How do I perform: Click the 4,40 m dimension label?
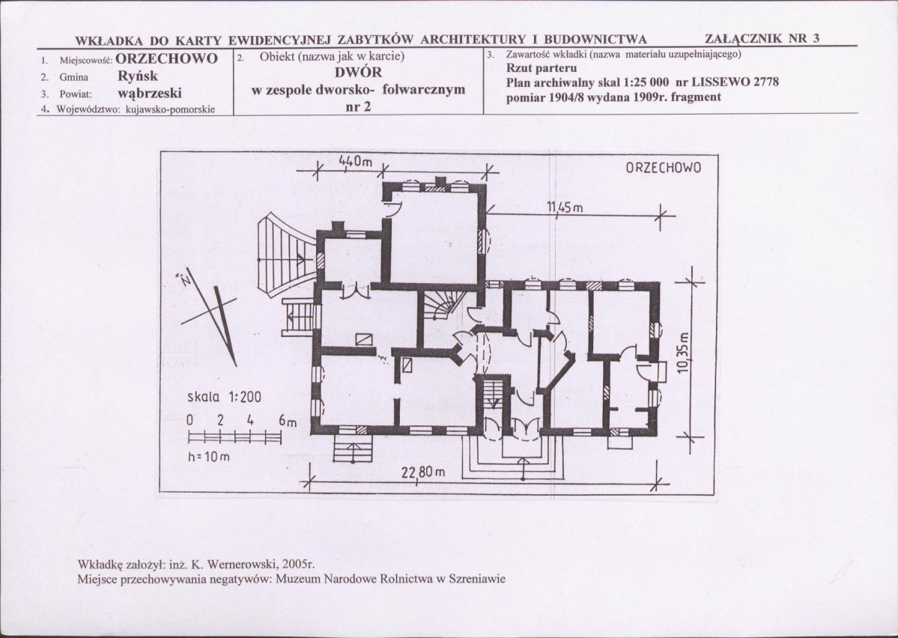(x=356, y=162)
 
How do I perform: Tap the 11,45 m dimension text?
(x=565, y=207)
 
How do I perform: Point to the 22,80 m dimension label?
(x=422, y=473)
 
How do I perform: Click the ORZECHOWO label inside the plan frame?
(x=663, y=168)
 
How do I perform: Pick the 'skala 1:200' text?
(x=225, y=397)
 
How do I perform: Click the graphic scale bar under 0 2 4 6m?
(x=235, y=437)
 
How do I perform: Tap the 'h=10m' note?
(x=208, y=457)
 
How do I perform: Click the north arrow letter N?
(x=186, y=280)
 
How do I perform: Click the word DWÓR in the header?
(x=358, y=73)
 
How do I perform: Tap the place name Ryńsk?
(x=138, y=76)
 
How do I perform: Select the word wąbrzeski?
(x=150, y=93)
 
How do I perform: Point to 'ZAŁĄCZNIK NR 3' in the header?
(x=762, y=38)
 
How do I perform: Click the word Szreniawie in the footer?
(x=478, y=578)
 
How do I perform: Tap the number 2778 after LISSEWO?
(x=765, y=82)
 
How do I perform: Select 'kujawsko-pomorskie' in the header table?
(x=170, y=109)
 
